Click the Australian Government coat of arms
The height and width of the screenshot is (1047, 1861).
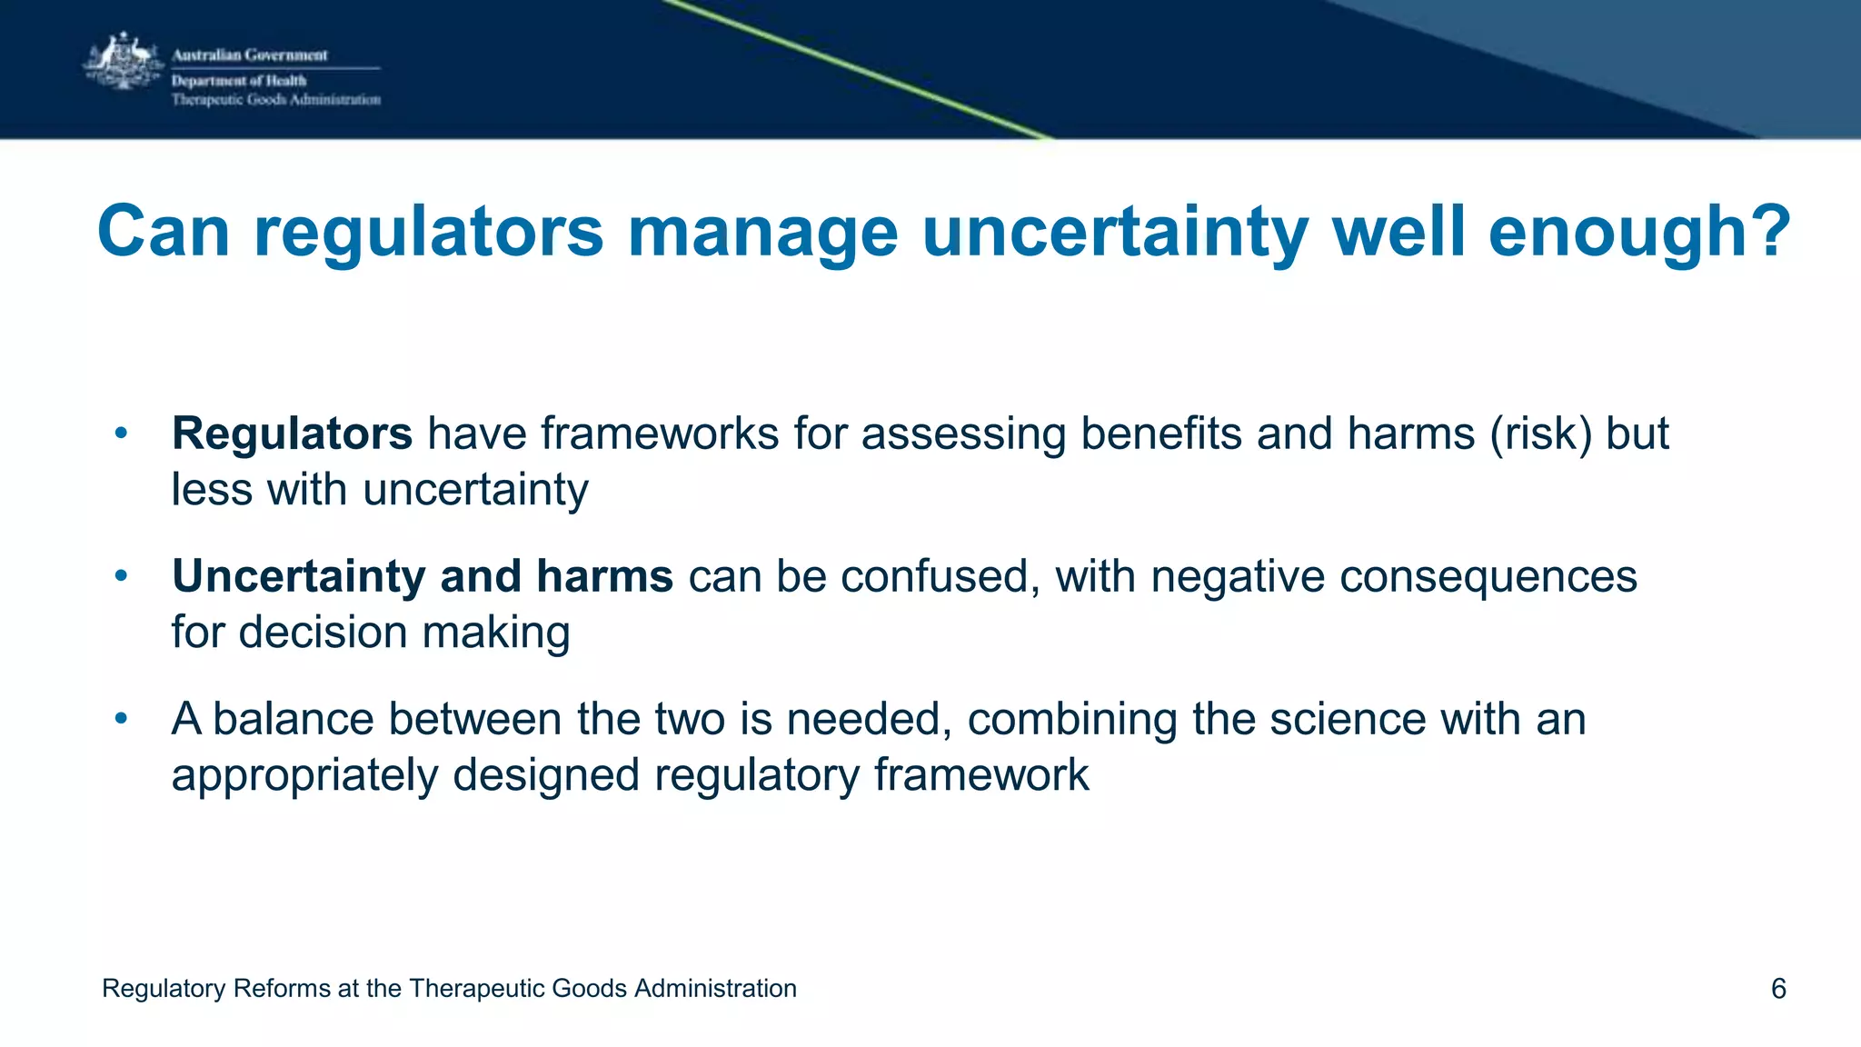[124, 62]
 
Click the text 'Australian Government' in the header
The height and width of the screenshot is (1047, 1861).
[250, 55]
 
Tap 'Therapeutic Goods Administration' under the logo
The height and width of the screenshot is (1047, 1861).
[276, 100]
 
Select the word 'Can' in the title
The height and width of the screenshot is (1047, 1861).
[164, 232]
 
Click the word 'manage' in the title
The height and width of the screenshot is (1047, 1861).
[762, 234]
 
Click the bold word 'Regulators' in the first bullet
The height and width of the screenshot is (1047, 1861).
[292, 434]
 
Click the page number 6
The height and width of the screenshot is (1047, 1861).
[1778, 989]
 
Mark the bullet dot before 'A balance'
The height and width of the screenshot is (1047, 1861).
[122, 719]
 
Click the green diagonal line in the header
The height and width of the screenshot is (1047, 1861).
[854, 69]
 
